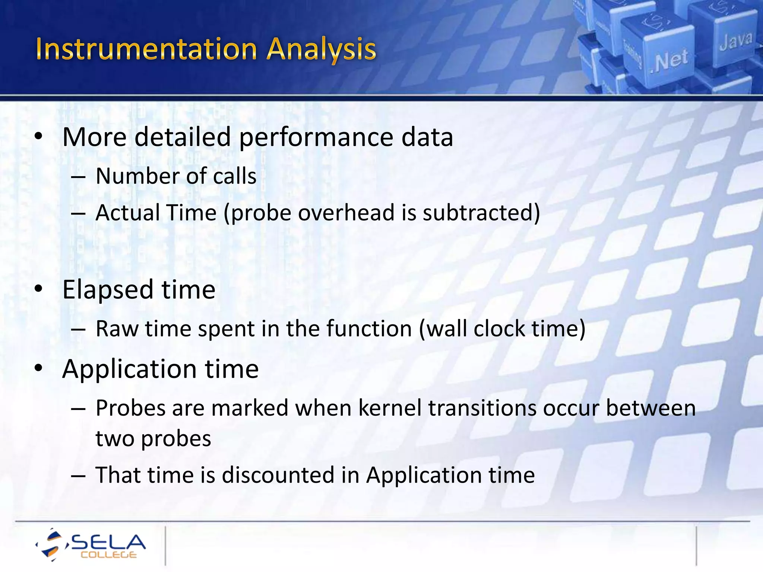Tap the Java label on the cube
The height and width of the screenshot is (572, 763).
pyautogui.click(x=735, y=41)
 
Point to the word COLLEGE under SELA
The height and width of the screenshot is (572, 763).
pyautogui.click(x=108, y=555)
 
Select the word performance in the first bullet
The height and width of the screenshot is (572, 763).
pyautogui.click(x=316, y=138)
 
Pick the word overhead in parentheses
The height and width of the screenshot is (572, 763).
pyautogui.click(x=346, y=213)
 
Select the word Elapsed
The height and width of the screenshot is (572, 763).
pyautogui.click(x=107, y=289)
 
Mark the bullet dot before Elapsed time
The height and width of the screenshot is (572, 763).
pyautogui.click(x=39, y=289)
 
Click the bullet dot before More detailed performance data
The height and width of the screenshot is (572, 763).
pyautogui.click(x=39, y=137)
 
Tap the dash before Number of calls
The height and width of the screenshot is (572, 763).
pyautogui.click(x=79, y=177)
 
